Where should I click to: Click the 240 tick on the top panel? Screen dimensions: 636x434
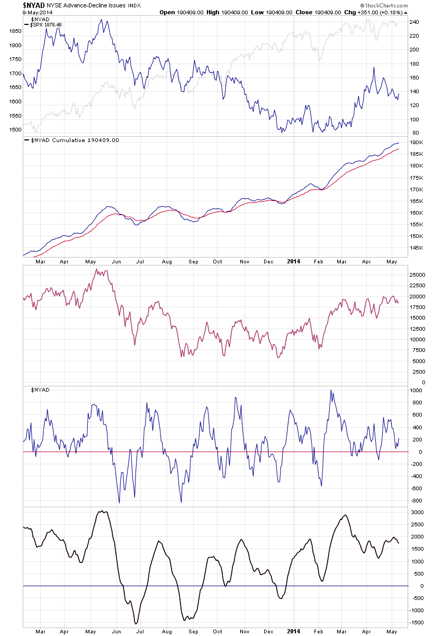(x=414, y=22)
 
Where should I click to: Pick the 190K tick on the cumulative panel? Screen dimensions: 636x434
(x=415, y=143)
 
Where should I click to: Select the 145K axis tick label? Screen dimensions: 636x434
(x=415, y=248)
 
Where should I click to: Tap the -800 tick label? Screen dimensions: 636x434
(x=415, y=500)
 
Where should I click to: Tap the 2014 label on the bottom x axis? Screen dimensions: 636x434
(x=294, y=631)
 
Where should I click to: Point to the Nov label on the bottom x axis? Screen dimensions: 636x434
(x=244, y=631)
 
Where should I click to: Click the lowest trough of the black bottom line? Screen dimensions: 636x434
(x=136, y=623)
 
